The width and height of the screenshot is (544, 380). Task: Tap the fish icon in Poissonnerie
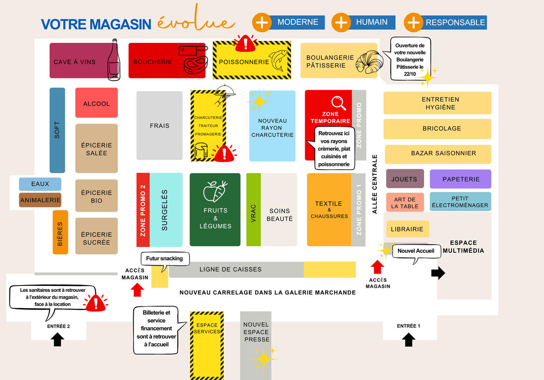(x=279, y=61)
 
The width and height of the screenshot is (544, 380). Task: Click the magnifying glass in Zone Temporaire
(x=338, y=103)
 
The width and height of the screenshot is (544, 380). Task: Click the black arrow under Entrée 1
(x=409, y=339)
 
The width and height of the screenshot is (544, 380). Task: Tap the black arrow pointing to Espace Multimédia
(x=438, y=273)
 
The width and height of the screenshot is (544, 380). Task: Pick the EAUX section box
(x=40, y=184)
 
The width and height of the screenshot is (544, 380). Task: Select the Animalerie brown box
(x=40, y=200)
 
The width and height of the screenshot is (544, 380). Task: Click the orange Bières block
(x=60, y=232)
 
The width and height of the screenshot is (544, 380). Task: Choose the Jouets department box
(x=404, y=179)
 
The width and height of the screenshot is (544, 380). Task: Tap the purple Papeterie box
(x=460, y=179)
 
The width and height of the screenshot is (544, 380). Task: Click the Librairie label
(x=407, y=229)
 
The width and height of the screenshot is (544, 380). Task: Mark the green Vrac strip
(x=253, y=209)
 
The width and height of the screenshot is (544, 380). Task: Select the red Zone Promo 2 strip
(x=143, y=210)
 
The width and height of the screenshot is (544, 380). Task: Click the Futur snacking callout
(x=165, y=259)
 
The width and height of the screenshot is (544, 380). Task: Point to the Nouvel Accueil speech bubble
(x=416, y=251)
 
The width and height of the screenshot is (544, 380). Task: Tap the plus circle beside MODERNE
(x=262, y=22)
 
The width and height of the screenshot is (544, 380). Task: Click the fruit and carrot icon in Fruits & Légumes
(x=215, y=190)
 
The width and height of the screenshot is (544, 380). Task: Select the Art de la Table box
(x=405, y=202)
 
